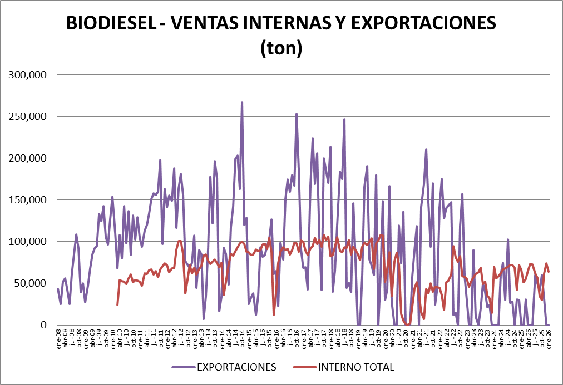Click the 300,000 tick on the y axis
29,75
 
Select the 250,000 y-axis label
29,117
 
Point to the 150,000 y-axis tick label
29,200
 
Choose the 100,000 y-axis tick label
29,242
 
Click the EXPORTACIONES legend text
236,367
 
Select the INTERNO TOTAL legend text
356,367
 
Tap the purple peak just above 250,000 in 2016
297,114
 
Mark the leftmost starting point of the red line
117,304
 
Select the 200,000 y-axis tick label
29,158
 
